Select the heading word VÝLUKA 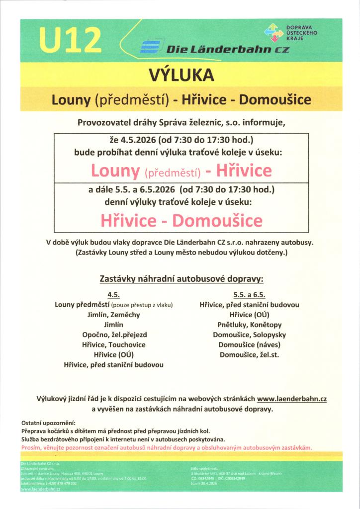pos(181,76)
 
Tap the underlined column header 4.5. pos(114,295)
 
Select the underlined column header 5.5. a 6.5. pos(249,295)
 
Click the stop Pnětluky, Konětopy pos(249,325)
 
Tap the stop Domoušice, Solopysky pos(249,335)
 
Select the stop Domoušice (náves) pos(249,344)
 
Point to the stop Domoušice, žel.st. pos(249,354)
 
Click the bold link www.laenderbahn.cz pos(291,398)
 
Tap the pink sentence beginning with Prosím pos(167,447)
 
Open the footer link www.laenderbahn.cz pos(40,489)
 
